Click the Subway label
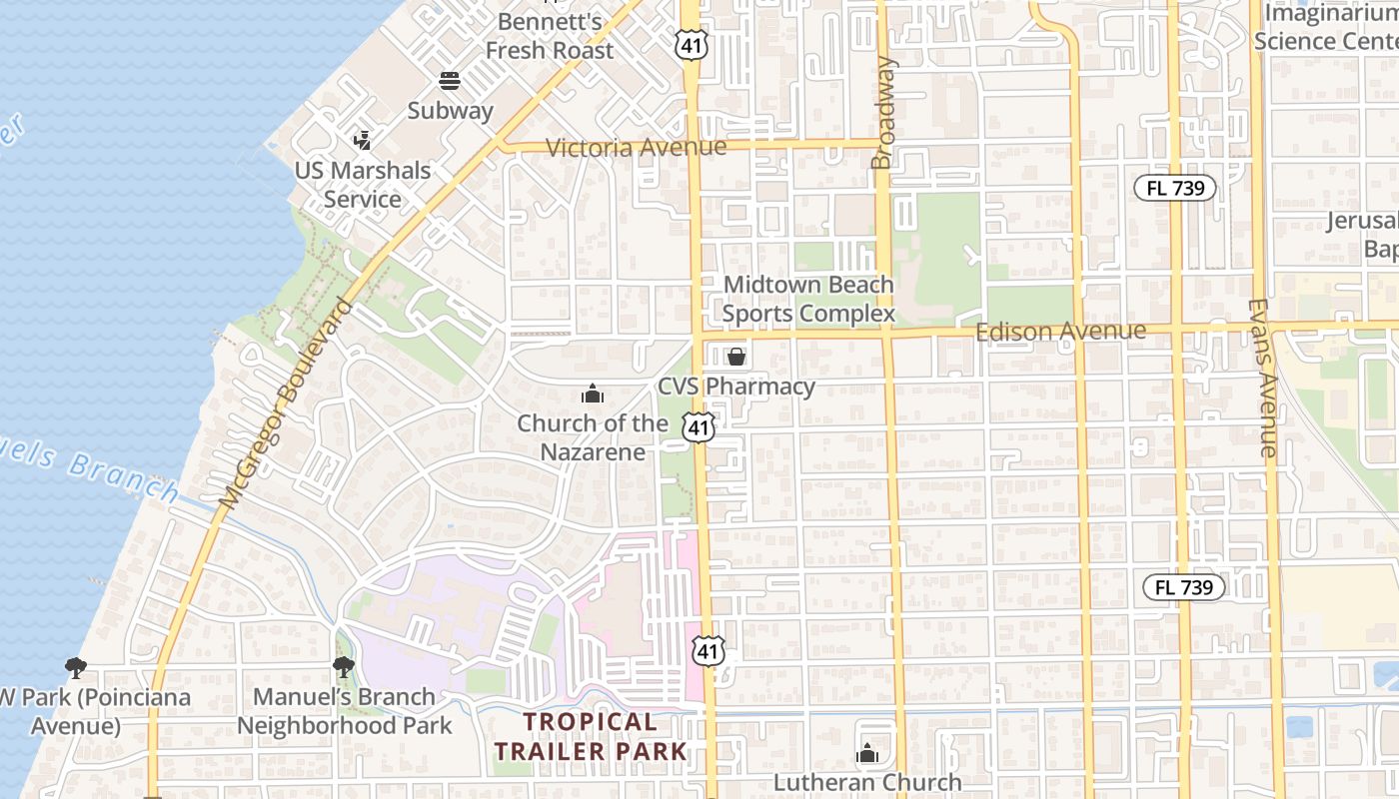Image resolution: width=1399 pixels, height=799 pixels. coord(450,110)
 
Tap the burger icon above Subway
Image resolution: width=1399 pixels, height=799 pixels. coord(450,81)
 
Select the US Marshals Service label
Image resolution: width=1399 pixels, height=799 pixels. coord(363,185)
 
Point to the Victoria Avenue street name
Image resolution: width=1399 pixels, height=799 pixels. coord(636,148)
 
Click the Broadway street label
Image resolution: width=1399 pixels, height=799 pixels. coord(882,112)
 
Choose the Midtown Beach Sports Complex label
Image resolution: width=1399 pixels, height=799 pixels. coord(808,300)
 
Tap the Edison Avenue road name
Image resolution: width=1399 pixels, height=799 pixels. coord(1060,331)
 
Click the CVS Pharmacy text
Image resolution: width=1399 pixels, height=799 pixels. coord(736,387)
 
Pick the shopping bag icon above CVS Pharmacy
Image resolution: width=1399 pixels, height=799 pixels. coord(736,357)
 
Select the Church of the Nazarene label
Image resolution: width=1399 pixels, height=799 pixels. coord(593,437)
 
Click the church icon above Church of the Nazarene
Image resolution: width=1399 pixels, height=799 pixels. coord(593,395)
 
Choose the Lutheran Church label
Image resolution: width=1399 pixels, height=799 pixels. coord(867,782)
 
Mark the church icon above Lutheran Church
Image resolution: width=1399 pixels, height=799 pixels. coord(867,753)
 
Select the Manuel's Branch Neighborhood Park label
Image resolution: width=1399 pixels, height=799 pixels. coord(345,711)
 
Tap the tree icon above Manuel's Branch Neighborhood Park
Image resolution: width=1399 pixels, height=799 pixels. coord(344,667)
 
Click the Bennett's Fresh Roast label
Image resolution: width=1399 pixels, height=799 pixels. coord(549,35)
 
